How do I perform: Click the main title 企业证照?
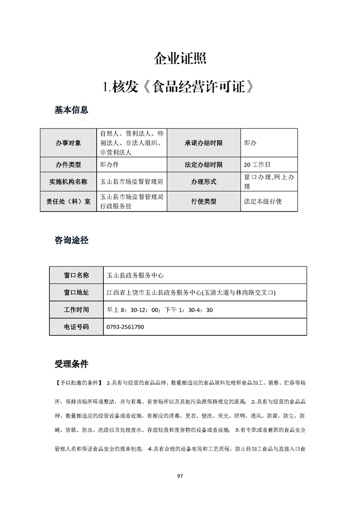180,59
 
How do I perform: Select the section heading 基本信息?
71,110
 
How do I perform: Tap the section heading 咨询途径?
71,240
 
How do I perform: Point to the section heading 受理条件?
71,364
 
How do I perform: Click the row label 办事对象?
69,143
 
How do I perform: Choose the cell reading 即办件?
109,164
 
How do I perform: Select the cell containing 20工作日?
257,164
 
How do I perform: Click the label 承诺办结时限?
203,143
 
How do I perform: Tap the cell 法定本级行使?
263,201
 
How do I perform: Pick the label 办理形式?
203,182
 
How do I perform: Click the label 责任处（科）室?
69,201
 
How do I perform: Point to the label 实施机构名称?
69,182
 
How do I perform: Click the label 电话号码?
76,327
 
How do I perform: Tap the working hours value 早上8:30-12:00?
133,310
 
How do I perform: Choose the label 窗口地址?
76,293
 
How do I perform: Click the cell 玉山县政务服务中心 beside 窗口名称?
134,275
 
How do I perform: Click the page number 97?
180,476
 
